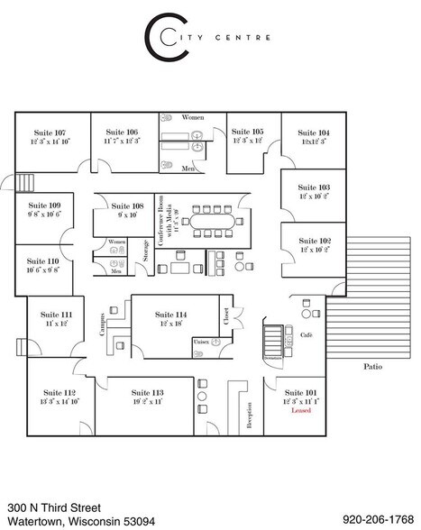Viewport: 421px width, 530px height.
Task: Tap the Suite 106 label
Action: click(121, 132)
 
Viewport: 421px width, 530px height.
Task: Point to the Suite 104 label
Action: click(314, 132)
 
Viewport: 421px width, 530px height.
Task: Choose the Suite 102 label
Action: click(314, 241)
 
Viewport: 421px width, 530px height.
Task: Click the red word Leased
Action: click(301, 412)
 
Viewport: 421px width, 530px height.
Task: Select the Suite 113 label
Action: click(146, 393)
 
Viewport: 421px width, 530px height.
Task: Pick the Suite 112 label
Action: click(58, 393)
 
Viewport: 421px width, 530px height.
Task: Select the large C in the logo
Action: click(160, 33)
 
